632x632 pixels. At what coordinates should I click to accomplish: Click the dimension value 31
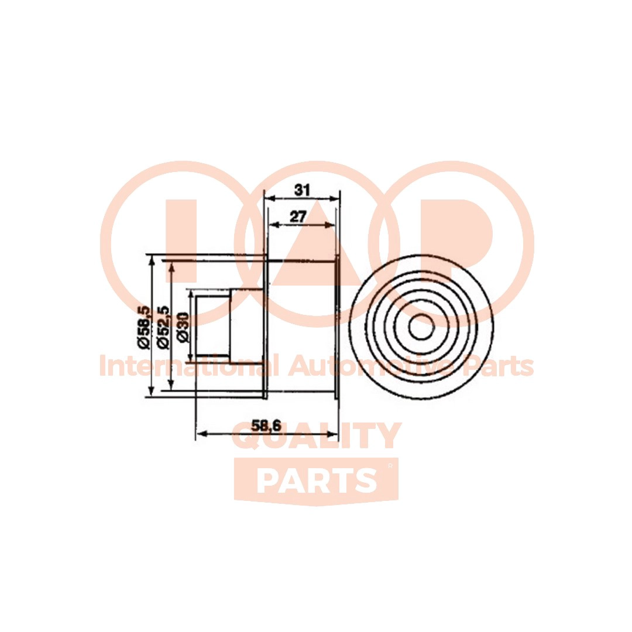pos(302,190)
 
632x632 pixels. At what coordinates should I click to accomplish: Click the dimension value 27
pos(298,217)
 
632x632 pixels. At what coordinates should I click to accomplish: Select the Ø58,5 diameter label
pos(144,327)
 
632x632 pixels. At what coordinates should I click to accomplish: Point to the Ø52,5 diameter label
pos(163,327)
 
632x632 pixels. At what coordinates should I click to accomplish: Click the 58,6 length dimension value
pos(266,425)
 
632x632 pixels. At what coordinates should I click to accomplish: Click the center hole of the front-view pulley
pos(422,327)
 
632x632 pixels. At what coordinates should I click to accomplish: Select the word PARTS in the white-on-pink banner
pos(317,481)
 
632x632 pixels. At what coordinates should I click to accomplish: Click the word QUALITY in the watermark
pos(317,436)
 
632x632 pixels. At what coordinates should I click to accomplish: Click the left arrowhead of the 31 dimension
pos(269,198)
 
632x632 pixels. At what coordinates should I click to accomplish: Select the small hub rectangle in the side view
pos(213,326)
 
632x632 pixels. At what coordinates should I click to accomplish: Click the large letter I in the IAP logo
pos(181,241)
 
